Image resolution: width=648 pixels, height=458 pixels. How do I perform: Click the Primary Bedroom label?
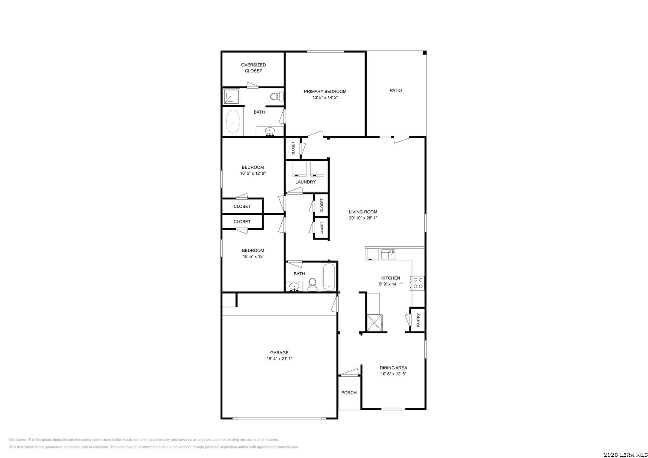click(325, 91)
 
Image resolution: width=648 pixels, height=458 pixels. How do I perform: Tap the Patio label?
click(396, 90)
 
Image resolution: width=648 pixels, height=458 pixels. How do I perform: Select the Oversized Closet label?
click(253, 68)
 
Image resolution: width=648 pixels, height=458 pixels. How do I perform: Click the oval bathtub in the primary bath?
click(233, 121)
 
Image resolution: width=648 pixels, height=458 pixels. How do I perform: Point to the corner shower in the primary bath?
click(231, 97)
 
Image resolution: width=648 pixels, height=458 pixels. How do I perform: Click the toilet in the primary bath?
click(277, 96)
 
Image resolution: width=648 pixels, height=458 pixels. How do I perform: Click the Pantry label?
click(418, 320)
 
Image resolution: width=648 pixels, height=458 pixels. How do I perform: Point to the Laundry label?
click(306, 182)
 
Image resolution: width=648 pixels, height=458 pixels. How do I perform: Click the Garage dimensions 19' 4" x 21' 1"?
click(279, 358)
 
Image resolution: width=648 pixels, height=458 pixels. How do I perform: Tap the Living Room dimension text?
click(363, 218)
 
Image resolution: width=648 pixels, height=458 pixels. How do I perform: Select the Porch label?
click(348, 393)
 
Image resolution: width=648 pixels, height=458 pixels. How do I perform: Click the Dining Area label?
click(393, 368)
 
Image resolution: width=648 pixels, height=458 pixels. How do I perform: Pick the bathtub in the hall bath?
click(329, 276)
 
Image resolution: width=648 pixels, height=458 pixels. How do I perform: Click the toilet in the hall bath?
click(312, 285)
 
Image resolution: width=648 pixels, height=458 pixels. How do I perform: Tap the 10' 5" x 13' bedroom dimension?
click(253, 257)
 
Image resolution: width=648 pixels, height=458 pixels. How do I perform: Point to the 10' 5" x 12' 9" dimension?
click(252, 173)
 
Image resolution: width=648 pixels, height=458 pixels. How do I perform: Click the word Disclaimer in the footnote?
click(18, 439)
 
